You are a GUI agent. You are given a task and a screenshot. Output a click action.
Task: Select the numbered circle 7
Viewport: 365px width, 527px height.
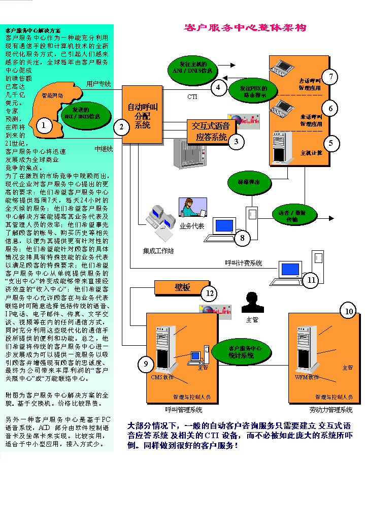click(x=330, y=77)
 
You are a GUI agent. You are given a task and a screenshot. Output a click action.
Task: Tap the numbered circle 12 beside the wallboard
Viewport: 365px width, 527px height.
click(x=208, y=293)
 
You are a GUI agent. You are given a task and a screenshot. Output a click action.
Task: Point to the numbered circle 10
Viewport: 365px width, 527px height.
click(x=348, y=311)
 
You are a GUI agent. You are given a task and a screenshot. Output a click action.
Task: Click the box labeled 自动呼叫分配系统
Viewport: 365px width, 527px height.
click(x=143, y=115)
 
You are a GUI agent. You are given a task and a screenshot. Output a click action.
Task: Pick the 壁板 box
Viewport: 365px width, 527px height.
click(x=182, y=288)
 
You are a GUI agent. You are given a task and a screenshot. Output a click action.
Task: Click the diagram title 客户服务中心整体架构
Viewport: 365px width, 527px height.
click(x=245, y=28)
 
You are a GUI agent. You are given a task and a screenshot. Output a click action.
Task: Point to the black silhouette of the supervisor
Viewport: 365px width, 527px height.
click(x=252, y=303)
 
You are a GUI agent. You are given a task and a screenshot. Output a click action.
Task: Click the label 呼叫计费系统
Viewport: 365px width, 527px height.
click(x=244, y=263)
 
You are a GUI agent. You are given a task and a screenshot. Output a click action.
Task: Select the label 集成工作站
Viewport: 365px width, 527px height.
click(x=158, y=251)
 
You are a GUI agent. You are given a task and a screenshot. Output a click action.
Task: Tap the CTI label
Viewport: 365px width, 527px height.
click(x=192, y=96)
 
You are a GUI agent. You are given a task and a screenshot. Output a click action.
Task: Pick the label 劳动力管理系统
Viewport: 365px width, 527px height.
click(x=330, y=410)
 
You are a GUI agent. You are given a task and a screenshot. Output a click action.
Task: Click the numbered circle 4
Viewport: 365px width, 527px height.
click(x=218, y=87)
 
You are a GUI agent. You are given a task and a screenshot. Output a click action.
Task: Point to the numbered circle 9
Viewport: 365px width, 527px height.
click(x=146, y=364)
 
